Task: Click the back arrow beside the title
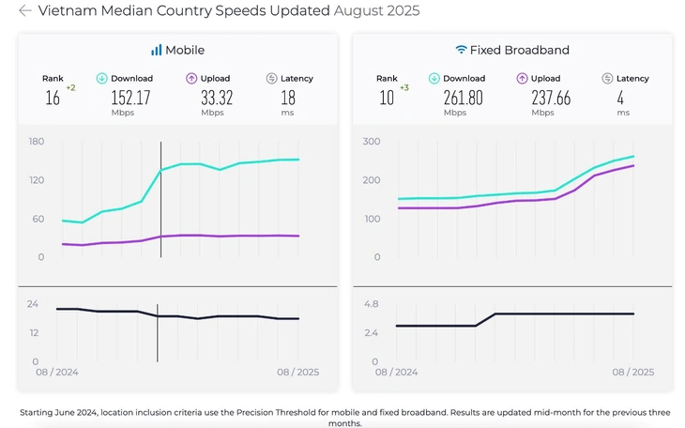pyautogui.click(x=25, y=10)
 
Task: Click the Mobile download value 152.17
pyautogui.click(x=130, y=98)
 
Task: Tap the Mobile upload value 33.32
pyautogui.click(x=217, y=98)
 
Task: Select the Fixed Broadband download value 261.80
pyautogui.click(x=463, y=98)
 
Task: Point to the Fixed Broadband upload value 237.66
pyautogui.click(x=551, y=98)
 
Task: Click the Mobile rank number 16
pyautogui.click(x=53, y=98)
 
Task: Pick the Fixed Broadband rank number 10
pyautogui.click(x=387, y=98)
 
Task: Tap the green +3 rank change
pyautogui.click(x=404, y=88)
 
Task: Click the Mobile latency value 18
pyautogui.click(x=288, y=98)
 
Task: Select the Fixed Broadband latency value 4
pyautogui.click(x=620, y=98)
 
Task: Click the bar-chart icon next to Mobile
pyautogui.click(x=156, y=50)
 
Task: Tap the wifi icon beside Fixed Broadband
pyautogui.click(x=461, y=50)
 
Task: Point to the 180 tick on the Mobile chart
pyautogui.click(x=37, y=141)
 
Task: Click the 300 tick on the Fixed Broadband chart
pyautogui.click(x=372, y=141)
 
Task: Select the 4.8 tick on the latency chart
pyautogui.click(x=371, y=304)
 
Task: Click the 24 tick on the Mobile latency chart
pyautogui.click(x=33, y=304)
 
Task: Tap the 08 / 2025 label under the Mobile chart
pyautogui.click(x=298, y=372)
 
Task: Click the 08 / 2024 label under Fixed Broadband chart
pyautogui.click(x=396, y=372)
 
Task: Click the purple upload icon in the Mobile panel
pyautogui.click(x=191, y=78)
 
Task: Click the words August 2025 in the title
pyautogui.click(x=376, y=10)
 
